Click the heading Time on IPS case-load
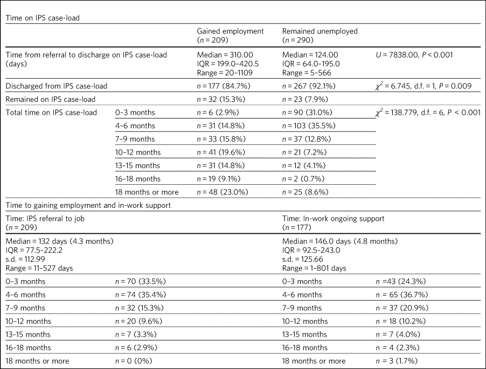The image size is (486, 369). coord(43,18)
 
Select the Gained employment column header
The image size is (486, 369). coord(230,36)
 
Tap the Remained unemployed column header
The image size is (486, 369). coord(320,36)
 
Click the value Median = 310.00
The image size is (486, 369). coord(225,55)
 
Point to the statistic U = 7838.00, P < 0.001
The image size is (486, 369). coord(414,55)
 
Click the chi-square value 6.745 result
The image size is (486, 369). coord(423,86)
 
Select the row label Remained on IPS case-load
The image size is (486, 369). coord(51,99)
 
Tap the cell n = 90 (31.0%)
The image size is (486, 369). coord(307,113)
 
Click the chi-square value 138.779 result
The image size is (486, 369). coord(428,113)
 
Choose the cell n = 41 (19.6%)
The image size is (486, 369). coord(221,152)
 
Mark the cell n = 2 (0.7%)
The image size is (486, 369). coord(303,179)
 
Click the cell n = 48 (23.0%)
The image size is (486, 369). coord(223,192)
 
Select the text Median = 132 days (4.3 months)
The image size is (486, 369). coord(59,241)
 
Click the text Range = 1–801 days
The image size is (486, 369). coord(314,268)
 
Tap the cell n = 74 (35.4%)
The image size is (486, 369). coord(141,295)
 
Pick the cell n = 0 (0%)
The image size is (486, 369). coord(134,361)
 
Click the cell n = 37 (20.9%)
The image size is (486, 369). coord(402,308)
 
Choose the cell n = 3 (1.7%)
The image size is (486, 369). coord(397,361)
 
